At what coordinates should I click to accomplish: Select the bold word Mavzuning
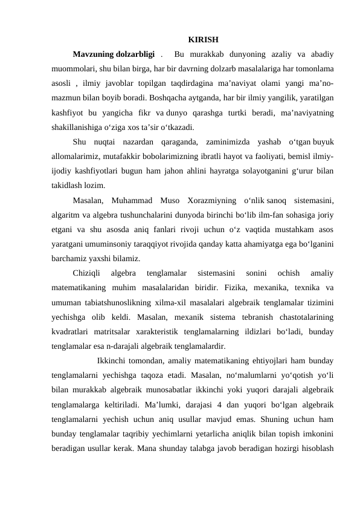pyautogui.click(x=90, y=56)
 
